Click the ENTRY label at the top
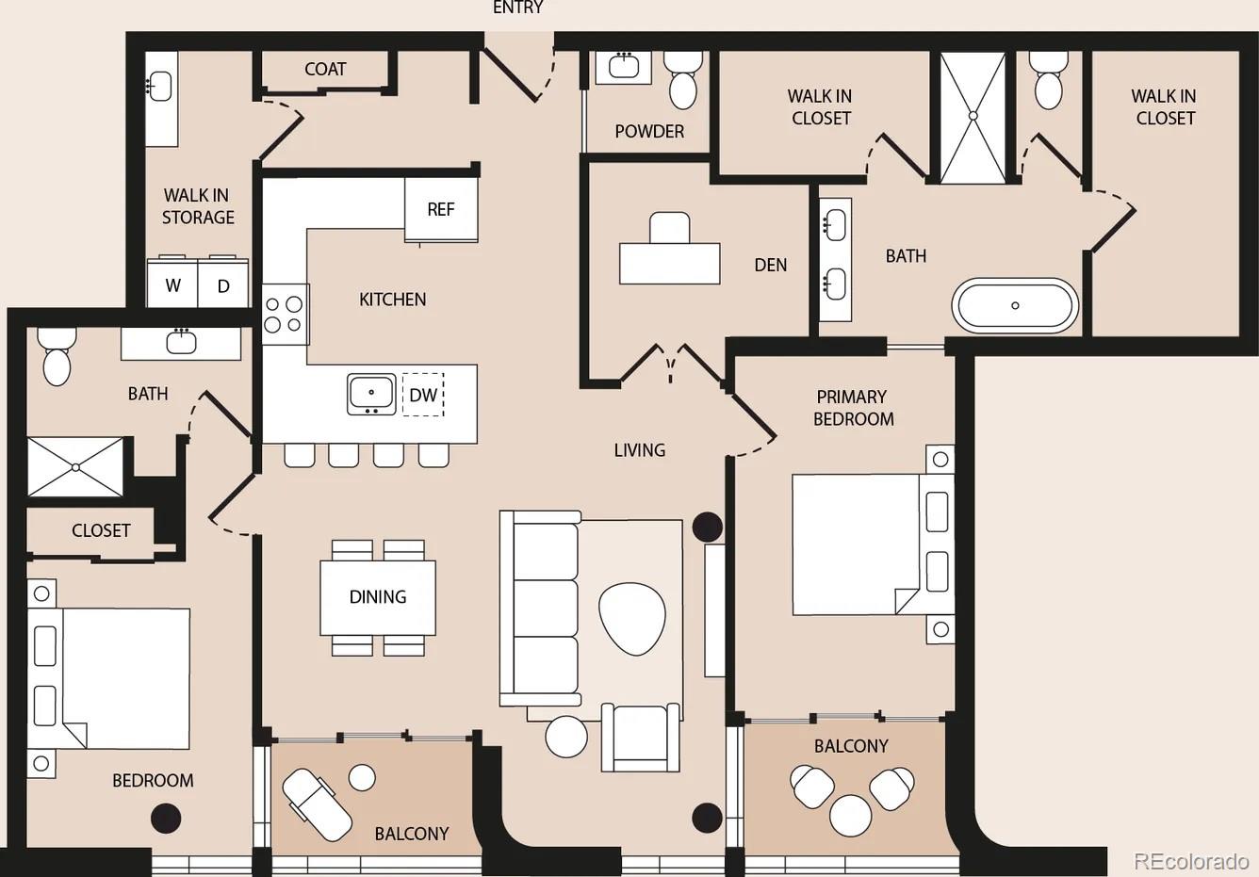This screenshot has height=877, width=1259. pyautogui.click(x=517, y=8)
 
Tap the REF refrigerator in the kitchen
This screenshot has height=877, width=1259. pyautogui.click(x=441, y=209)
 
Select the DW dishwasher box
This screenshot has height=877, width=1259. pyautogui.click(x=423, y=395)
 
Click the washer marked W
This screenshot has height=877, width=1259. pyautogui.click(x=172, y=284)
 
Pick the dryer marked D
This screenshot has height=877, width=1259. pyautogui.click(x=223, y=284)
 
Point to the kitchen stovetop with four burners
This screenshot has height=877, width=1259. pyautogui.click(x=285, y=314)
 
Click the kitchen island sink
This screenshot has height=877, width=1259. pyautogui.click(x=371, y=394)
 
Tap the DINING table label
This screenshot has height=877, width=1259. pyautogui.click(x=378, y=597)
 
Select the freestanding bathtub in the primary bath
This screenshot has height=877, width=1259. pyautogui.click(x=1015, y=305)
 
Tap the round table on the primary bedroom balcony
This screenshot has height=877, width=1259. pyautogui.click(x=850, y=815)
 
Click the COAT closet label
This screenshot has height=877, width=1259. pyautogui.click(x=325, y=70)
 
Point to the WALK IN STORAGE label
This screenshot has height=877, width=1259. pyautogui.click(x=198, y=206)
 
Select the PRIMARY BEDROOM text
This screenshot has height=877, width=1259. pyautogui.click(x=853, y=408)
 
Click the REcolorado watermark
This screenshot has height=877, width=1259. pyautogui.click(x=1191, y=860)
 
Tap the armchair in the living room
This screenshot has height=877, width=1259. pyautogui.click(x=641, y=737)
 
